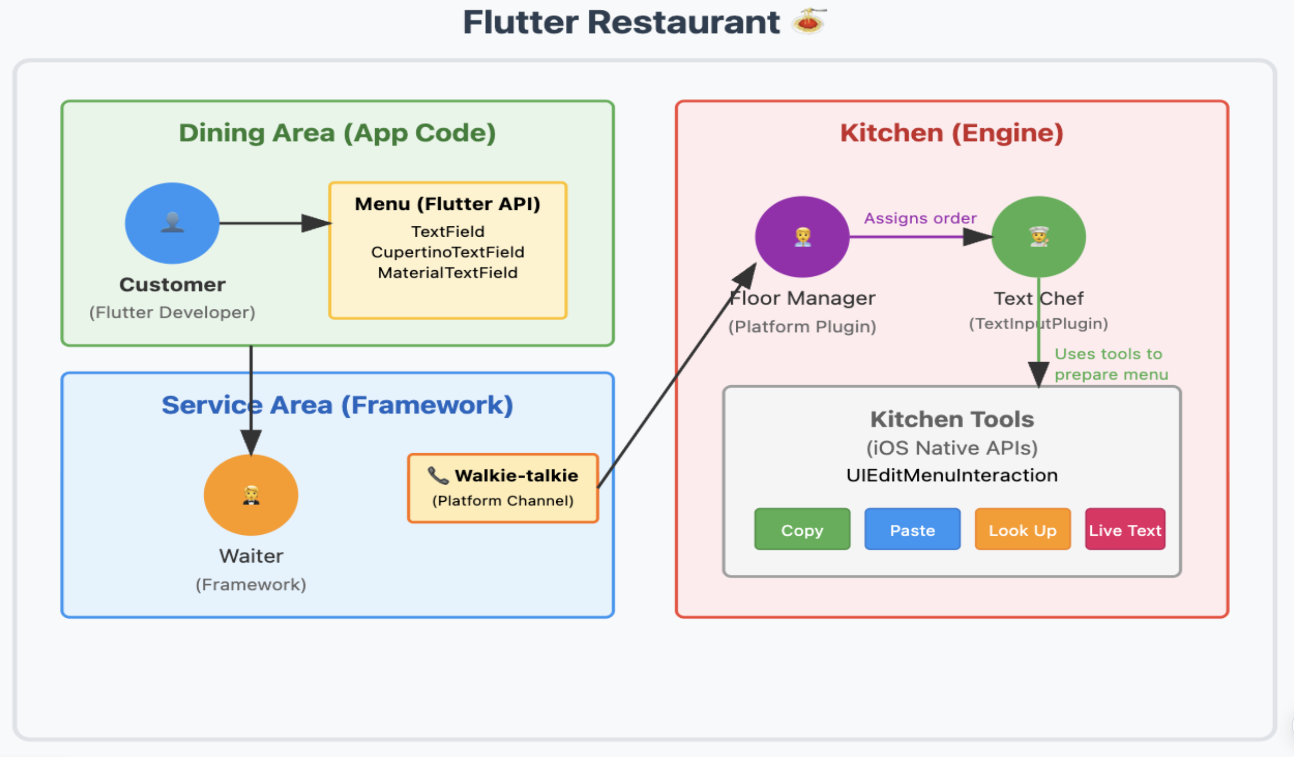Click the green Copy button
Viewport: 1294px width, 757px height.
point(802,530)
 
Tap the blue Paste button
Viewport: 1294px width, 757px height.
point(912,530)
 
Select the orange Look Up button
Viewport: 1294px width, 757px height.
point(1022,530)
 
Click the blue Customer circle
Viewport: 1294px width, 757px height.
point(172,223)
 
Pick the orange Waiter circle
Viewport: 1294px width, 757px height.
point(251,495)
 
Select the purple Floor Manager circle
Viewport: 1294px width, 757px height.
point(802,237)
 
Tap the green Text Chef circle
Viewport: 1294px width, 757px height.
point(1039,237)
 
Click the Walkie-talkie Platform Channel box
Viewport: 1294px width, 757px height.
point(503,488)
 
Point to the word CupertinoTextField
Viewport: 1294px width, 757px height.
point(447,252)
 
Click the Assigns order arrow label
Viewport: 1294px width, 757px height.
point(920,218)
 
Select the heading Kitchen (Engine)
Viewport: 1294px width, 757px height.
point(951,133)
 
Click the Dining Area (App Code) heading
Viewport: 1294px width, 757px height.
point(337,133)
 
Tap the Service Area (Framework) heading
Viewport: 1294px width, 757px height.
point(337,405)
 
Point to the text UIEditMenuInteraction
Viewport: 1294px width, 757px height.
point(951,475)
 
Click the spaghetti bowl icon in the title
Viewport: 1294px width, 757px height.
point(808,22)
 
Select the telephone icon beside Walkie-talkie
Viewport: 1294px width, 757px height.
point(438,475)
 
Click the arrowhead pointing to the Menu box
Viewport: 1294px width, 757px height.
point(316,223)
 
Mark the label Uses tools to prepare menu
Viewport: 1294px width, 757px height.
point(1110,364)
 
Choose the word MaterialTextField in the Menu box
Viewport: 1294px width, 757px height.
point(447,273)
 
